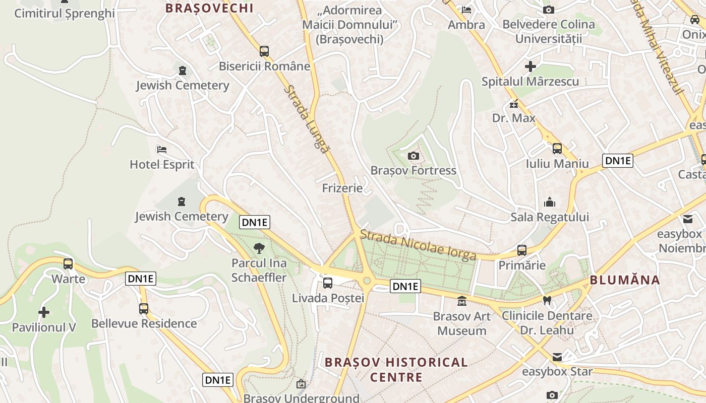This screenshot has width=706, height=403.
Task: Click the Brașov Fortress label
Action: (x=413, y=170)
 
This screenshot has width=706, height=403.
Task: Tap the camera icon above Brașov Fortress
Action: (x=414, y=156)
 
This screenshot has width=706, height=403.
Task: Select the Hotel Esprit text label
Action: (x=162, y=164)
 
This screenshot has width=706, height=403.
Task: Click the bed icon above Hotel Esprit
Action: (x=162, y=150)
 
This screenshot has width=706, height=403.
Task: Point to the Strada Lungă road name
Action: (x=306, y=119)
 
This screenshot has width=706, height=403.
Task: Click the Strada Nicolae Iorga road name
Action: (x=418, y=245)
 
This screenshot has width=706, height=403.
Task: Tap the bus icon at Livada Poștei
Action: (x=328, y=283)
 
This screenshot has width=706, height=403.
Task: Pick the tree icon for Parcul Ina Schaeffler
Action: (x=259, y=248)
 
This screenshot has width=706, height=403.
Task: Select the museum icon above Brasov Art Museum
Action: (x=461, y=302)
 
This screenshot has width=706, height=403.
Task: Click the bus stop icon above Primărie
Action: (x=522, y=250)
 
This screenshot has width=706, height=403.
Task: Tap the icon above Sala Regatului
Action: (x=550, y=203)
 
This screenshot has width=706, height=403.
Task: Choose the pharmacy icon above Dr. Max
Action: (x=514, y=104)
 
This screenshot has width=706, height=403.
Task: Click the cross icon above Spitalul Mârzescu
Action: (x=530, y=66)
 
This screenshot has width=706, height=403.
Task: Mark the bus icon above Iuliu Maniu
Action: (x=557, y=149)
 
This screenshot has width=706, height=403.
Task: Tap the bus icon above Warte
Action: (x=68, y=263)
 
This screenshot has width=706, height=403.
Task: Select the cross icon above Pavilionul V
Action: (x=44, y=312)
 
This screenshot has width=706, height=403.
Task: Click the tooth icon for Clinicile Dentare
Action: (x=546, y=301)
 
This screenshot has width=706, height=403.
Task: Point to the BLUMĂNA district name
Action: (x=624, y=280)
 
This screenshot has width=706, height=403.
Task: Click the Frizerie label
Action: (x=342, y=188)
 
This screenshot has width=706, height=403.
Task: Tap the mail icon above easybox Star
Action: (x=557, y=357)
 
